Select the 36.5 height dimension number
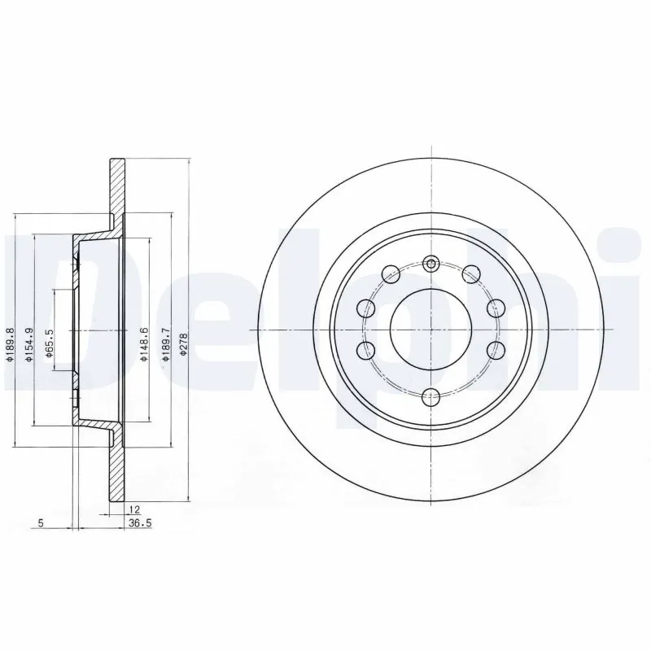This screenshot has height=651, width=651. tap(141, 523)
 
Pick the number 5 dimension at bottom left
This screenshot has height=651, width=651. tap(40, 523)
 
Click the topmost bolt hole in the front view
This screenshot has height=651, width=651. tap(431, 263)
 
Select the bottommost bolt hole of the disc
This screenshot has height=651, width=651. tap(431, 396)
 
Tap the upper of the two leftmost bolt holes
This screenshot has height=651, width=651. tap(367, 308)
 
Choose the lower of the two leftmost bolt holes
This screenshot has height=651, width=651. tap(367, 350)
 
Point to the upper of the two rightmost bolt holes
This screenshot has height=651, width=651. tap(495, 308)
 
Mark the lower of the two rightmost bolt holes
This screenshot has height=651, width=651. tap(495, 350)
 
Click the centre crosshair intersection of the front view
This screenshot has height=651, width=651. tap(431, 330)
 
